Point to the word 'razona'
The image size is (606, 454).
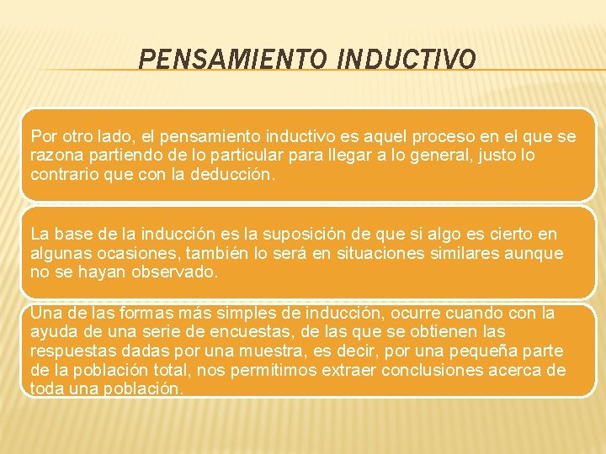pos(53,156)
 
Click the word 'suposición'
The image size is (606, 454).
pos(309,234)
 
